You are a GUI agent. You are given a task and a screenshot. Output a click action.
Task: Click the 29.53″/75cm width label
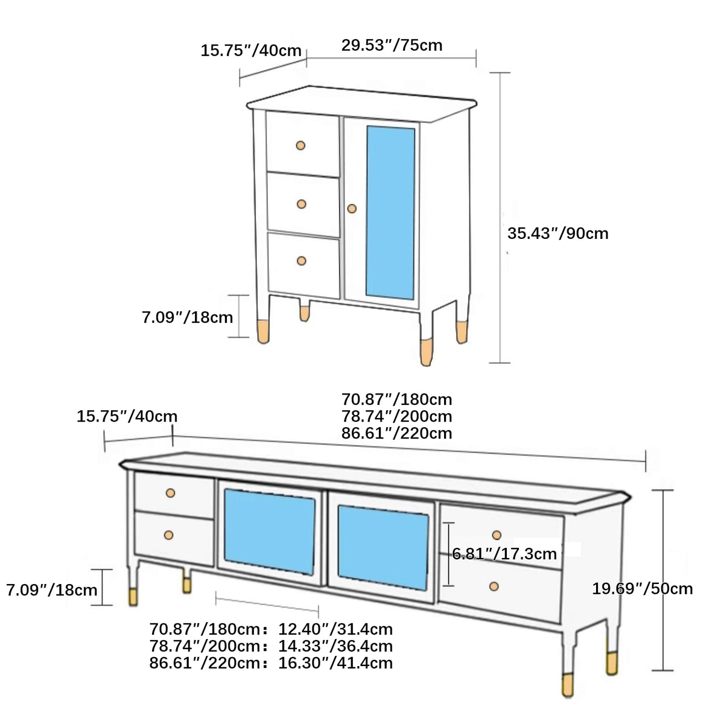392,45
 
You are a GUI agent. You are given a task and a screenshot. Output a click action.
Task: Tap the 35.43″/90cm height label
557,233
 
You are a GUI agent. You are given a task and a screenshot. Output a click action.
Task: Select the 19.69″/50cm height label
642,589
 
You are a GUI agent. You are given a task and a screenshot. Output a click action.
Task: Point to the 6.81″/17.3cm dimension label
504,554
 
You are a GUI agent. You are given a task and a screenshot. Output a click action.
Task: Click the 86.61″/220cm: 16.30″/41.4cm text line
271,663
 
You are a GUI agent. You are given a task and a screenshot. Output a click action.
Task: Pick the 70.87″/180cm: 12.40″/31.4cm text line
271,629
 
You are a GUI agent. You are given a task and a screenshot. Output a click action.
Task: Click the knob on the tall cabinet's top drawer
300,145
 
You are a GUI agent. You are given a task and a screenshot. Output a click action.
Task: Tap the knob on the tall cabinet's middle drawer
302,204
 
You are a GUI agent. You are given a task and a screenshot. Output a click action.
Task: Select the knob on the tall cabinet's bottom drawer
302,261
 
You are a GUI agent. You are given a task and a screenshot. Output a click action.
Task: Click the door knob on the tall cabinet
352,209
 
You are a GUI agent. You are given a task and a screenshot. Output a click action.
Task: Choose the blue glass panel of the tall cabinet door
390,212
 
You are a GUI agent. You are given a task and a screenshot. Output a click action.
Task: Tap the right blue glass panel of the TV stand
383,548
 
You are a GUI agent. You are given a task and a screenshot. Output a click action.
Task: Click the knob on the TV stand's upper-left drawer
170,493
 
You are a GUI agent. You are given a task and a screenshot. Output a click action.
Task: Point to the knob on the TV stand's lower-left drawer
169,535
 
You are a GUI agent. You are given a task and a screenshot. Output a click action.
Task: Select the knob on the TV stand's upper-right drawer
497,535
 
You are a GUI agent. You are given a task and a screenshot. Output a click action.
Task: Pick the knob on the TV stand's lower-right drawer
494,586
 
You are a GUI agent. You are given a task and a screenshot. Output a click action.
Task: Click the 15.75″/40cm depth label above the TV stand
127,416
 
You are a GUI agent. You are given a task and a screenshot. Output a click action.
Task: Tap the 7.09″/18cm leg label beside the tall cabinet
187,317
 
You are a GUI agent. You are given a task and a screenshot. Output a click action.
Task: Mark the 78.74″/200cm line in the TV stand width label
396,416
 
